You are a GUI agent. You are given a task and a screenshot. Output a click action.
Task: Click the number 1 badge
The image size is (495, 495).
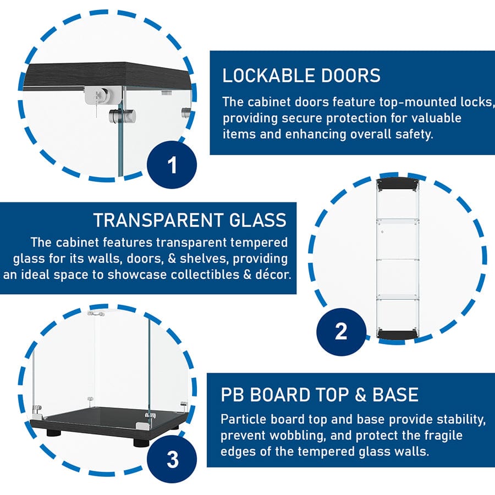click(x=172, y=164)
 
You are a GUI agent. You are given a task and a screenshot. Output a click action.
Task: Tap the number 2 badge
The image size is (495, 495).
click(x=341, y=332)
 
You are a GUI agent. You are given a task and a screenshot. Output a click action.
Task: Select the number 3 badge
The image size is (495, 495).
click(x=172, y=459)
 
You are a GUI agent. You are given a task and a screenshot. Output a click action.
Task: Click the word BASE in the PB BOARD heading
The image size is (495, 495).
click(x=393, y=395)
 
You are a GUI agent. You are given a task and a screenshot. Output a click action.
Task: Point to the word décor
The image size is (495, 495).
click(x=271, y=274)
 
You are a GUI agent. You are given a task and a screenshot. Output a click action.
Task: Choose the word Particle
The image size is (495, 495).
click(x=243, y=420)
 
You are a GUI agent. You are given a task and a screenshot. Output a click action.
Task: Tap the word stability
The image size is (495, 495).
click(x=458, y=420)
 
